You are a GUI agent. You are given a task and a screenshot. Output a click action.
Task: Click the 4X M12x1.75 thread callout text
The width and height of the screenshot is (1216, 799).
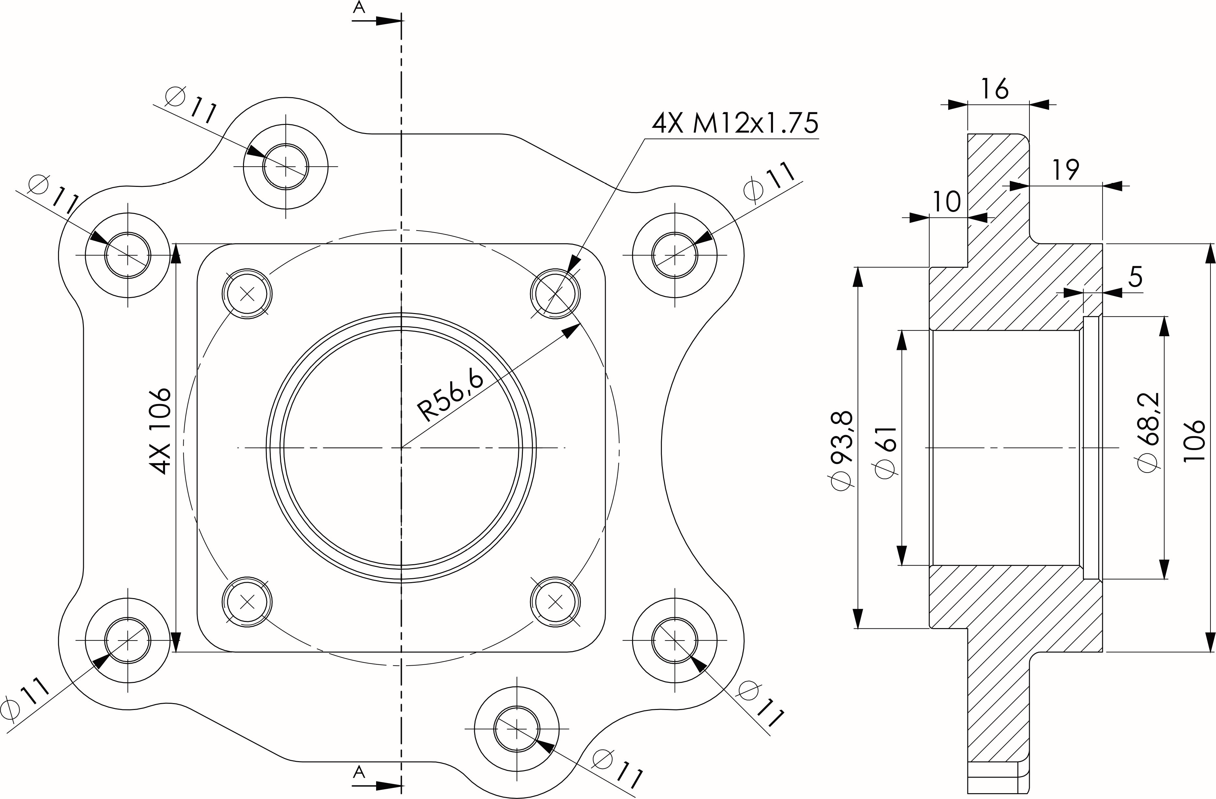(x=735, y=123)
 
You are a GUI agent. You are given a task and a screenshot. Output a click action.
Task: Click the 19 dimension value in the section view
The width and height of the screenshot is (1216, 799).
(x=1065, y=170)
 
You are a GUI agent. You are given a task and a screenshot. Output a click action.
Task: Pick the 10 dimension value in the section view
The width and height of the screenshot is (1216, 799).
(x=947, y=202)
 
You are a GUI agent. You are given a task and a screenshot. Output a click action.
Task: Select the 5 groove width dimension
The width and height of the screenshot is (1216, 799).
(x=1135, y=278)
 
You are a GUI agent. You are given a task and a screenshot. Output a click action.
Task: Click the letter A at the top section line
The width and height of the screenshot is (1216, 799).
(x=360, y=7)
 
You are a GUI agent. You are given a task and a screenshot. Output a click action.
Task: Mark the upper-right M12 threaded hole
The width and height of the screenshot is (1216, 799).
(x=555, y=294)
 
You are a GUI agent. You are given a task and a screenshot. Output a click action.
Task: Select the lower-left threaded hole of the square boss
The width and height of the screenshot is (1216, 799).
(x=247, y=602)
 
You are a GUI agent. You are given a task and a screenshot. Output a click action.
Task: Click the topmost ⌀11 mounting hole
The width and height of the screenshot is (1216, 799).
(x=286, y=166)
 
